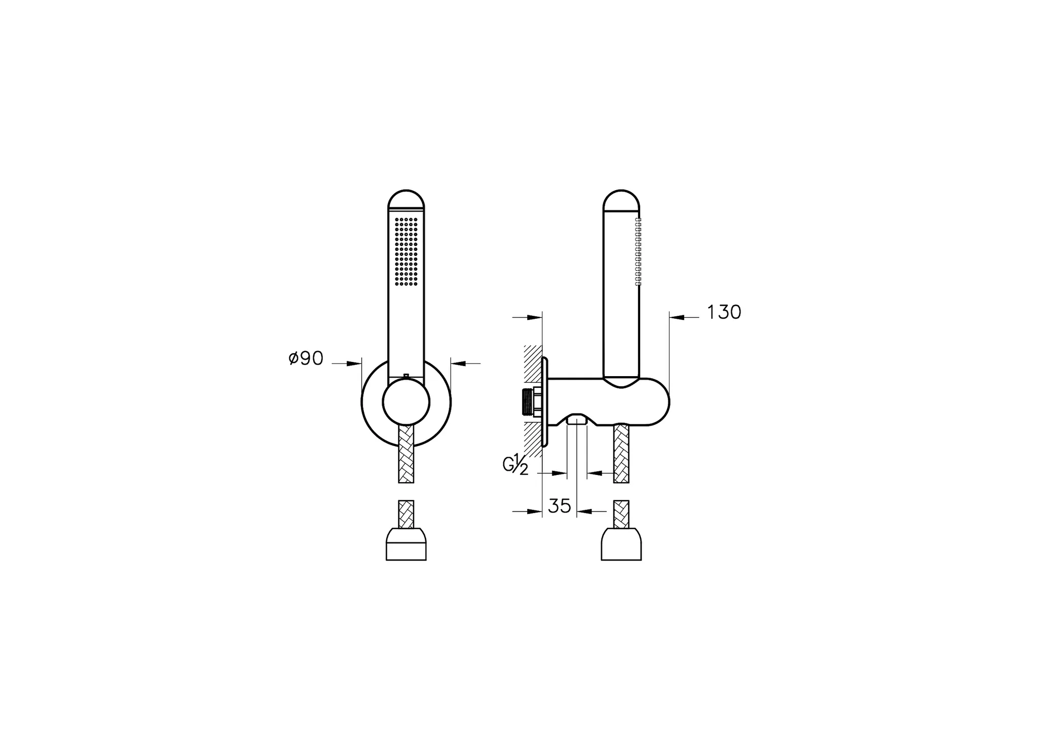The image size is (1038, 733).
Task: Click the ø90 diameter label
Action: pos(306,358)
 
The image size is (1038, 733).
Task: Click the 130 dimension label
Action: pos(723,312)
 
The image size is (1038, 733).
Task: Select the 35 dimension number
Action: pos(560,506)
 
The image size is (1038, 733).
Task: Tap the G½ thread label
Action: pos(515,464)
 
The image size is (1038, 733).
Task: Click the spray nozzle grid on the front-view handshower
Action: pos(406,252)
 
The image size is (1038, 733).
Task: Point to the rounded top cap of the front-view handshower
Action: pos(406,200)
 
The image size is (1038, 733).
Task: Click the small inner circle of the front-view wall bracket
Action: pos(406,402)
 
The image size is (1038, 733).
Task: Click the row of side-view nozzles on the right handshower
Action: pos(638,252)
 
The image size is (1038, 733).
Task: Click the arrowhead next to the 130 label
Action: pos(678,317)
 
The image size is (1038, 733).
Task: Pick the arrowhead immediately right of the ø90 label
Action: pos(354,363)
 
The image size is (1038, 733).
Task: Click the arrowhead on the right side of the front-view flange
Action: pos(458,363)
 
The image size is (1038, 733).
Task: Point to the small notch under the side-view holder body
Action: pos(576,419)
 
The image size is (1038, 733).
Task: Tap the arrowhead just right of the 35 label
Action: pos(584,511)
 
